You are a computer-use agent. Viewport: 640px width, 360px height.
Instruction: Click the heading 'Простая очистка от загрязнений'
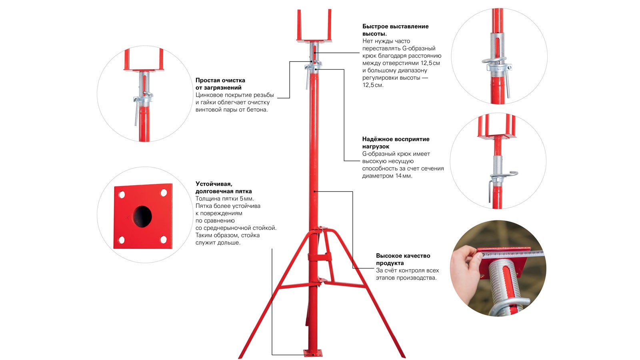click(x=220, y=84)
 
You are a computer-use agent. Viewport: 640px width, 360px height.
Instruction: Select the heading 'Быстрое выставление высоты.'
click(x=396, y=30)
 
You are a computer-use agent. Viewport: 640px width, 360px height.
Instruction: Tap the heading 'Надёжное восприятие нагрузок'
click(x=396, y=143)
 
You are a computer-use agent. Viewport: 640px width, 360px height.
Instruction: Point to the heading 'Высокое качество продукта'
click(x=403, y=260)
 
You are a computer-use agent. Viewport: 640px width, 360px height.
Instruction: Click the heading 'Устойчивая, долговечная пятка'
click(x=224, y=188)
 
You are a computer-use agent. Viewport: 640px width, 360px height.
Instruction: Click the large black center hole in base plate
click(x=142, y=216)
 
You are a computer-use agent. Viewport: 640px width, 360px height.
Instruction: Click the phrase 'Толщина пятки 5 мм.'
click(x=224, y=198)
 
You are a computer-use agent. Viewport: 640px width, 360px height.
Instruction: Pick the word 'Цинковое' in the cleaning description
click(x=208, y=95)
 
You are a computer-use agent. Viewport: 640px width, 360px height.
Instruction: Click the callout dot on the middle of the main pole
click(x=314, y=192)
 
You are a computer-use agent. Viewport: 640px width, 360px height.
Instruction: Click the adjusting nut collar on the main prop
click(x=314, y=68)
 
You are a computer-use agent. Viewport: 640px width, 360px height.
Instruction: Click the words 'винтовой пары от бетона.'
click(x=232, y=110)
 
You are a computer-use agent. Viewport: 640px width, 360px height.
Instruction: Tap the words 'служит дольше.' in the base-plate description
click(x=218, y=243)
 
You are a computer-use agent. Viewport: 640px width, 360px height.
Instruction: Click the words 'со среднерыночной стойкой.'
click(x=236, y=228)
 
